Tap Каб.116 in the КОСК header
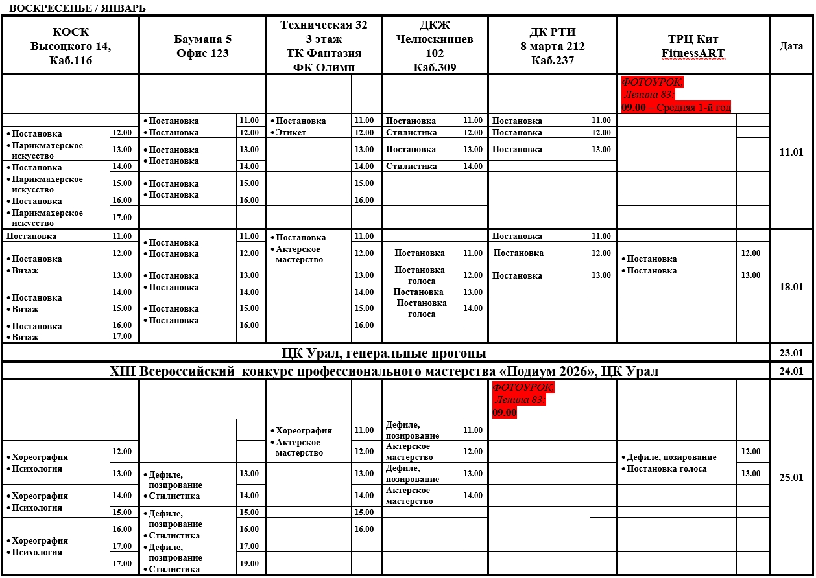tap(70, 61)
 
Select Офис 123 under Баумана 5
tap(202, 53)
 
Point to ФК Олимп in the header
tap(324, 67)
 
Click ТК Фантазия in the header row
tap(324, 53)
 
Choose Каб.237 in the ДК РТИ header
tap(552, 61)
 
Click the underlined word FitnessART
tap(693, 53)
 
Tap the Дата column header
tap(791, 46)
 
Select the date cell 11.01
tap(791, 152)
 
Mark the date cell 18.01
tap(791, 286)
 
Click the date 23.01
tap(791, 353)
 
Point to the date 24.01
tap(791, 371)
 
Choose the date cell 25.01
tap(791, 478)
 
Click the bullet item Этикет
tap(292, 133)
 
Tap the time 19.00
tap(249, 564)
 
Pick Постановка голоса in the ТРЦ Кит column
tap(667, 469)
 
